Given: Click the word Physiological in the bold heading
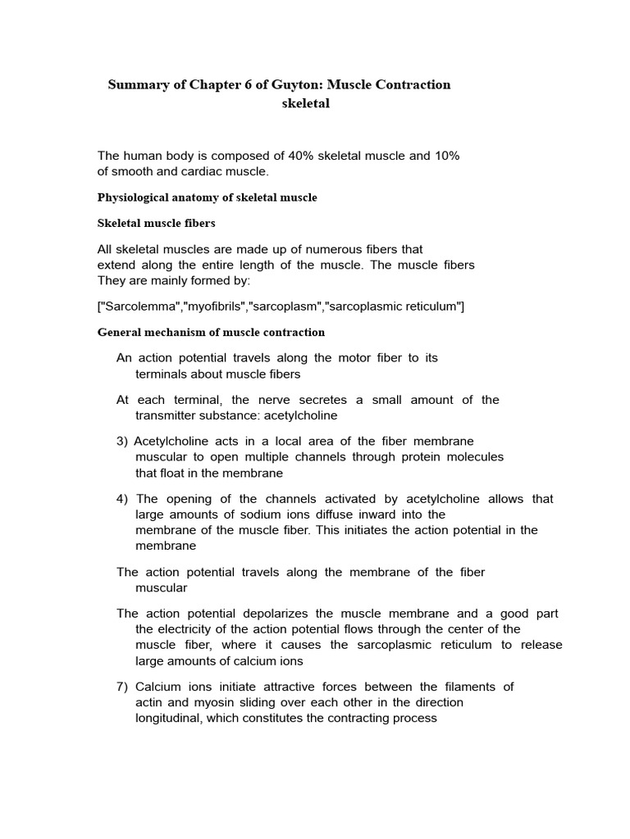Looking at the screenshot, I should [x=135, y=197].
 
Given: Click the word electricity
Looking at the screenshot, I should [x=181, y=629].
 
